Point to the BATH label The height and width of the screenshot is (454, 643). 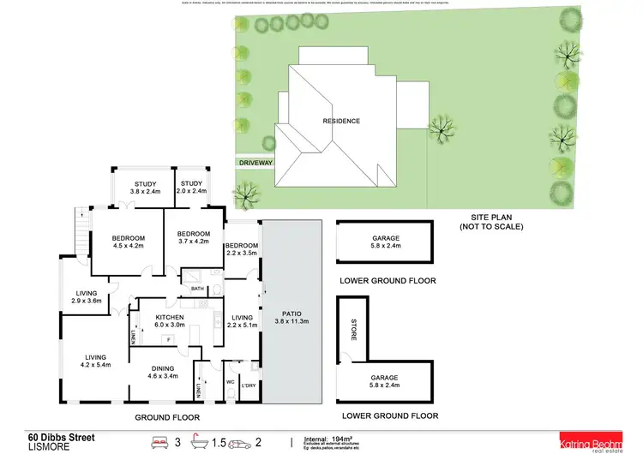pos(198,289)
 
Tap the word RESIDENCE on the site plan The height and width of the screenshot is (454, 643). pos(340,121)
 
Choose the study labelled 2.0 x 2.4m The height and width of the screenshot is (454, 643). pos(191,188)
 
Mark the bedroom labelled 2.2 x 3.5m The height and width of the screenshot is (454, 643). pos(242,250)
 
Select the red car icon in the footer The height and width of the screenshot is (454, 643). pos(244,443)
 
